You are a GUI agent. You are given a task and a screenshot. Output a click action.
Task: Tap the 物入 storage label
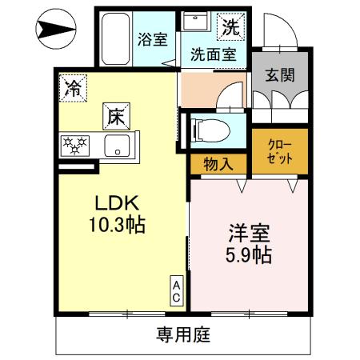click(218, 164)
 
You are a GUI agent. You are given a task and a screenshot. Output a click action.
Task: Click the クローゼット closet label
click(280, 152)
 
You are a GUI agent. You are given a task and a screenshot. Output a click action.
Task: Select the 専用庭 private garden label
click(182, 334)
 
